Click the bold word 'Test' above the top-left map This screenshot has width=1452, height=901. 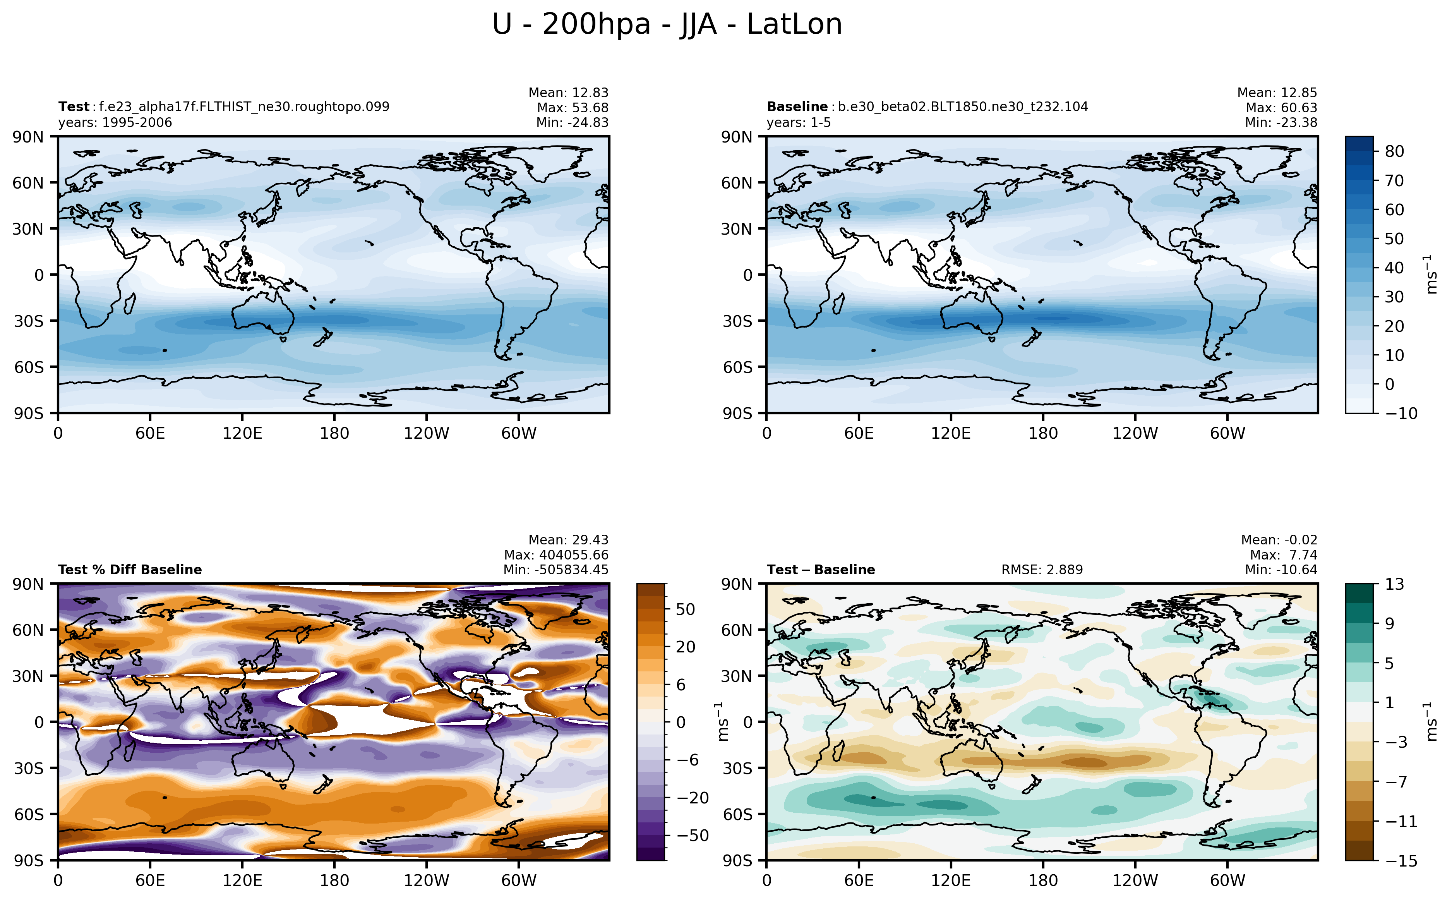click(x=73, y=106)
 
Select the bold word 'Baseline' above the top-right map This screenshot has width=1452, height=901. click(x=796, y=106)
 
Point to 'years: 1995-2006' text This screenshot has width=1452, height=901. click(x=115, y=123)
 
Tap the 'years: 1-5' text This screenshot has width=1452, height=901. click(x=798, y=123)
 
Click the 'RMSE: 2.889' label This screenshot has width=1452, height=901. click(x=1042, y=570)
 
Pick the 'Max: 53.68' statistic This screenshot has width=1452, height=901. click(x=573, y=108)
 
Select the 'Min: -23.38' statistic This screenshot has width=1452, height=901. click(x=1281, y=123)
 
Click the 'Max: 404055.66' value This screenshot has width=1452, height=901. click(x=556, y=555)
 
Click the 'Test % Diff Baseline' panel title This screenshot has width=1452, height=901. click(x=130, y=570)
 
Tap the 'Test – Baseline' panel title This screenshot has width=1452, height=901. click(x=821, y=570)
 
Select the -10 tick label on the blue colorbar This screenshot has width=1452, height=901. click(x=1401, y=414)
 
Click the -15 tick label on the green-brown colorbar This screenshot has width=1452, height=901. click(x=1401, y=860)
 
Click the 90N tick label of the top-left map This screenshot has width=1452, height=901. click(x=28, y=137)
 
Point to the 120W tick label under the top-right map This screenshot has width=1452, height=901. click(x=1135, y=433)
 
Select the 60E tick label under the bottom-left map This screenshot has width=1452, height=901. click(x=150, y=880)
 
